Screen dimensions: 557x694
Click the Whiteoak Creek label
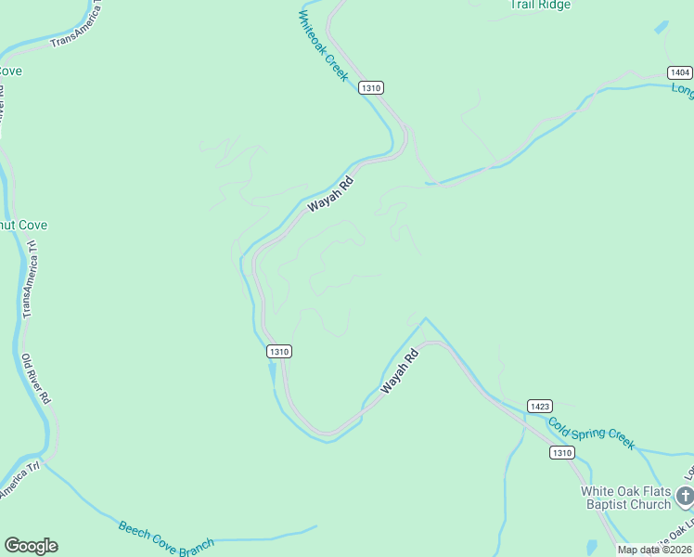[324, 45]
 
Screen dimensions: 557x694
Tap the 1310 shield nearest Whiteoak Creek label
[371, 87]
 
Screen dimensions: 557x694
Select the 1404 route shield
[679, 72]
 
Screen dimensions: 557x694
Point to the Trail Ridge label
[540, 5]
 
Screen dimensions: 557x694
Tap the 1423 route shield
[540, 406]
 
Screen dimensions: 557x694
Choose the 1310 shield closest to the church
[561, 452]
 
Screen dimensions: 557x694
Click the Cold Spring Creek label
[591, 433]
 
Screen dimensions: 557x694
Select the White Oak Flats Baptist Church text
[625, 498]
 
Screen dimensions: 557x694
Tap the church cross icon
[686, 497]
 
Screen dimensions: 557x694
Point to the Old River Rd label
[36, 379]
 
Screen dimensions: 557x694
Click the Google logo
[31, 546]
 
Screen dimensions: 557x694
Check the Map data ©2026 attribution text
[654, 550]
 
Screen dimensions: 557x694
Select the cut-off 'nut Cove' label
[23, 225]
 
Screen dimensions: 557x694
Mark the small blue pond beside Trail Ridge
[662, 28]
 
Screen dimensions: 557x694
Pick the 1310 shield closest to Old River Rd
[279, 351]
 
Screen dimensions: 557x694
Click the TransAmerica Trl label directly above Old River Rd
[30, 279]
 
